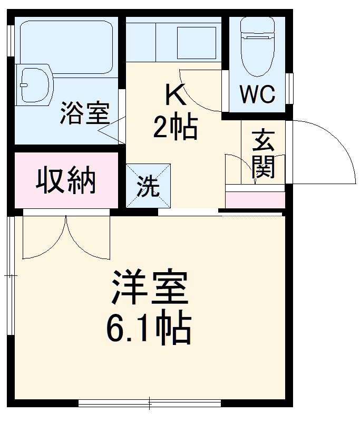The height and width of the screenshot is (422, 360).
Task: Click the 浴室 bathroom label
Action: tap(84, 113)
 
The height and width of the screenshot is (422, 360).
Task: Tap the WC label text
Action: tap(258, 94)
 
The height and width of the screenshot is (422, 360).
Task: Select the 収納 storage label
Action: tap(66, 181)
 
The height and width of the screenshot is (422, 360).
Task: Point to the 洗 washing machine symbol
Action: tap(148, 186)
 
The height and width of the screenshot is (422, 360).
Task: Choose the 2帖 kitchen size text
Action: tap(176, 127)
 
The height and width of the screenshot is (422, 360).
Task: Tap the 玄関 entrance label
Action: tap(262, 154)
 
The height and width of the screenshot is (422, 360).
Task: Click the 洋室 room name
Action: tap(149, 289)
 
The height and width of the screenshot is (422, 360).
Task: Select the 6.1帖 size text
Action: tap(149, 329)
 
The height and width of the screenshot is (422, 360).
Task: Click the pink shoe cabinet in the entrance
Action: tap(255, 200)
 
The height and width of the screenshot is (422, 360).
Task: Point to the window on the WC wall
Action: tap(289, 88)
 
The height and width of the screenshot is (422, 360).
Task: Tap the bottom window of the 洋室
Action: tap(149, 404)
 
